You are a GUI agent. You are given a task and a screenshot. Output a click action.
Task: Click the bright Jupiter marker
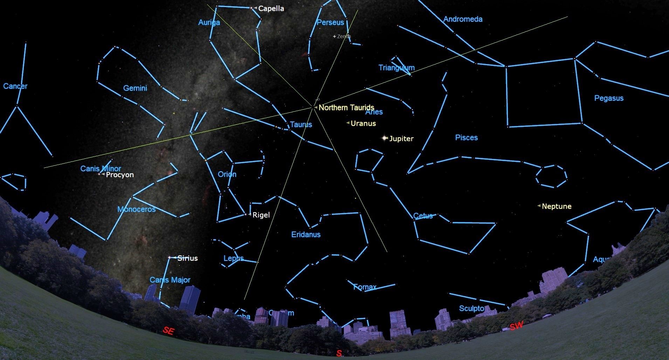385,138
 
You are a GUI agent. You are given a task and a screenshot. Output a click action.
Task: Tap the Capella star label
271,8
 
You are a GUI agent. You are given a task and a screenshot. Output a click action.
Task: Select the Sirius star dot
170,258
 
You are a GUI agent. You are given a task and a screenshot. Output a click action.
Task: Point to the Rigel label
261,215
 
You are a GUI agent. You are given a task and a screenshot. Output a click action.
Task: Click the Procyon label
119,175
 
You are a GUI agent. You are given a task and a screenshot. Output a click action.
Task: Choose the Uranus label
363,123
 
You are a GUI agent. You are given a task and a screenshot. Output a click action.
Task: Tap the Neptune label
556,206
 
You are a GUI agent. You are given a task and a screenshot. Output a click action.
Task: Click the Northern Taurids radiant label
346,108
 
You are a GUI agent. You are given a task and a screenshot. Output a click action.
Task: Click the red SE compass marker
168,331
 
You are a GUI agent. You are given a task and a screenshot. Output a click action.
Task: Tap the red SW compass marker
516,326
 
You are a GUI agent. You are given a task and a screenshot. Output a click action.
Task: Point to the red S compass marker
339,353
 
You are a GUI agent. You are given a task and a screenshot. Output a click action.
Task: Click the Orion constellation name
227,174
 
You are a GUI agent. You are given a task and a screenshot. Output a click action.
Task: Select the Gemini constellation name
135,88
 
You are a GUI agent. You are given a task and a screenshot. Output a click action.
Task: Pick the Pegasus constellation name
609,98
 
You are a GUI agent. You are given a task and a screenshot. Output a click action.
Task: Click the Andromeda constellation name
463,19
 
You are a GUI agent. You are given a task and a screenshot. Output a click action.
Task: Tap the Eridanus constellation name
306,235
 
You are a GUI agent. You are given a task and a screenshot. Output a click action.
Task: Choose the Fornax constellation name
364,287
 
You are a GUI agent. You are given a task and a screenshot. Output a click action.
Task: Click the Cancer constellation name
15,86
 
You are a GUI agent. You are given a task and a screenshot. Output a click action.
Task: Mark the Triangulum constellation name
396,68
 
